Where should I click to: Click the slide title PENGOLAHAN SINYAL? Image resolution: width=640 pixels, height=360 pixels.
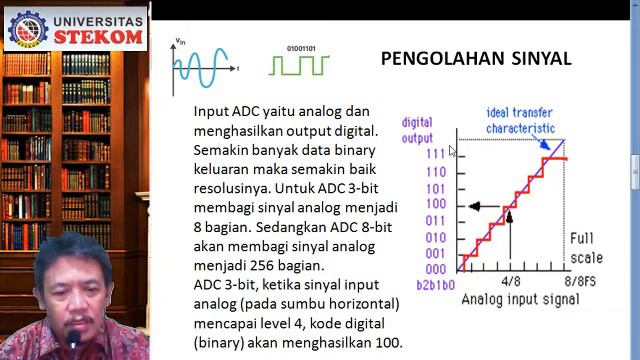point(475,59)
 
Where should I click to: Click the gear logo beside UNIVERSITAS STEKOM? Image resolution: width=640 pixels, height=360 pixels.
point(27,29)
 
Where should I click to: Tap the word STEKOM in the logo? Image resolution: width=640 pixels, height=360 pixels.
point(97,36)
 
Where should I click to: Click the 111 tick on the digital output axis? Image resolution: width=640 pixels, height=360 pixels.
point(435,155)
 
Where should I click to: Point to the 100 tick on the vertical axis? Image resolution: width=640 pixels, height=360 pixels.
point(435,205)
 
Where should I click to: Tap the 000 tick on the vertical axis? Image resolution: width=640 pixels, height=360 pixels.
point(435,269)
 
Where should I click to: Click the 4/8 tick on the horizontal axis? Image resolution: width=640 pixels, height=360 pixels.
point(510,282)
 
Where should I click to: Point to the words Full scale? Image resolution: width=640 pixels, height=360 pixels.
point(586,247)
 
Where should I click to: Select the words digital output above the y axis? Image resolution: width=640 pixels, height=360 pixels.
point(417,130)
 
